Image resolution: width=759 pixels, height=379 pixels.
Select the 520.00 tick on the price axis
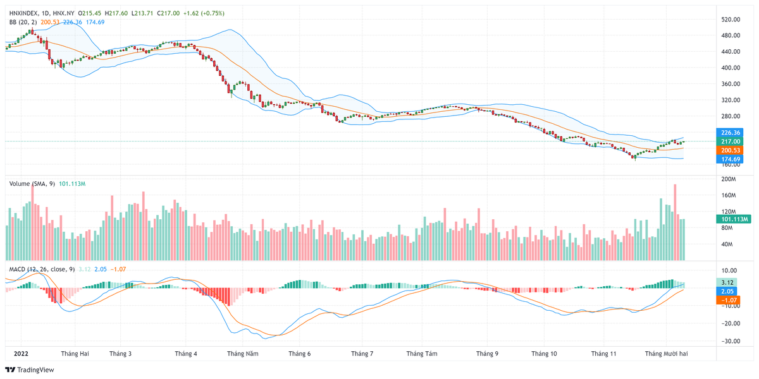click(x=731, y=20)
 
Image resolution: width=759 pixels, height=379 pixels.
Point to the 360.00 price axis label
click(x=731, y=84)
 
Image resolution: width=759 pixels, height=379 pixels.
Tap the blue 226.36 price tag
click(x=731, y=133)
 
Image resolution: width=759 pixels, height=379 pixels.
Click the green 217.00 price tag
click(x=731, y=141)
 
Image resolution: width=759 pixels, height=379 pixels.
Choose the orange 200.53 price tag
click(x=731, y=150)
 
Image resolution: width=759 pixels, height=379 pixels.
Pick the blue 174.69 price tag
click(x=731, y=159)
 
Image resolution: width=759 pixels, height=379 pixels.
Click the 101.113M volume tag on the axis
click(x=734, y=219)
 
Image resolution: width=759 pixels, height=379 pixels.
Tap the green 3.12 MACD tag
click(x=727, y=282)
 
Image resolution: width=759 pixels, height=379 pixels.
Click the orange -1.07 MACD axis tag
click(x=727, y=300)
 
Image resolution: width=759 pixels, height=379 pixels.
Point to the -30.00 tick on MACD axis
click(x=730, y=341)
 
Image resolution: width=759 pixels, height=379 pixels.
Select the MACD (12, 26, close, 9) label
click(x=40, y=269)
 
